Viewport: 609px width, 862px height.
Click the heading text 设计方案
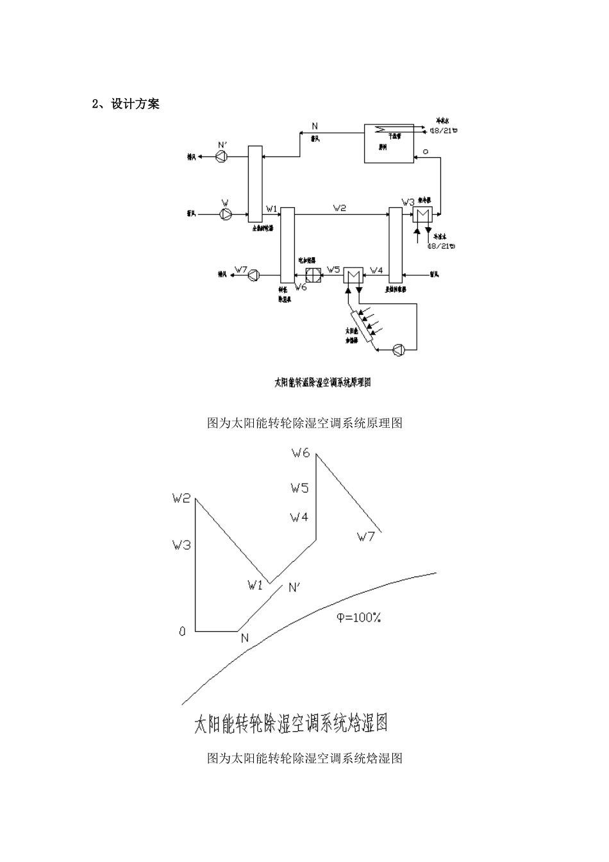tap(135, 104)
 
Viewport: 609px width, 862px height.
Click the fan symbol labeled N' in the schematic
tap(222, 156)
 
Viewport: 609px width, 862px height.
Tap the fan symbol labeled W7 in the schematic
tap(254, 275)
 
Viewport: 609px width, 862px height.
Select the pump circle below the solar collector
tap(399, 350)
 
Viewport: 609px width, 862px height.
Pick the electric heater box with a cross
tap(313, 275)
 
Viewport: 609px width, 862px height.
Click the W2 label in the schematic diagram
tap(340, 208)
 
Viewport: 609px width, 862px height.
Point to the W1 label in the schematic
tap(272, 208)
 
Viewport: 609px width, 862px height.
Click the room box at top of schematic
tap(388, 143)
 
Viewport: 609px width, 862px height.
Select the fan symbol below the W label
tap(226, 214)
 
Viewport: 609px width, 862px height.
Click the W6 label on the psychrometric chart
tap(300, 453)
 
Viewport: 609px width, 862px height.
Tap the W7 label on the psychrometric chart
tap(365, 537)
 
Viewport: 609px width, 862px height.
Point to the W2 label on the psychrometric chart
tap(181, 498)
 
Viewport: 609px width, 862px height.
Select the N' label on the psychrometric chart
tap(294, 587)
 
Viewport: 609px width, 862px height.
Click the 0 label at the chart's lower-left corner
tap(182, 632)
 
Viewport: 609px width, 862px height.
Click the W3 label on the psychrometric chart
tap(181, 545)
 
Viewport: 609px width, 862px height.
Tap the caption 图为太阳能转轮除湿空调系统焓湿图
tap(304, 758)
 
